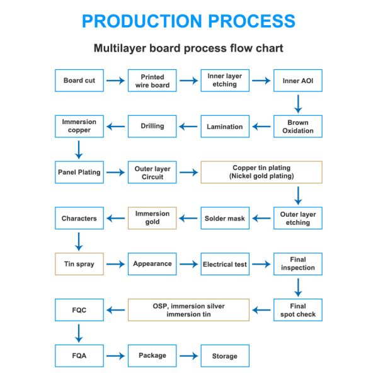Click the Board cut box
click(79, 81)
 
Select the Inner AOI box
click(297, 81)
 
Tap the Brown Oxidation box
click(297, 127)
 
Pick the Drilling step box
click(152, 127)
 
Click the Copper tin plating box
click(261, 172)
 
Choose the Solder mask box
click(224, 219)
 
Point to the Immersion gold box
click(152, 218)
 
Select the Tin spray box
click(79, 265)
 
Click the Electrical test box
click(224, 265)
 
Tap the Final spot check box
click(297, 310)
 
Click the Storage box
click(224, 356)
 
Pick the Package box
click(152, 356)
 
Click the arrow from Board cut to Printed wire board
click(115, 81)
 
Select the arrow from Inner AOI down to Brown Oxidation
click(298, 103)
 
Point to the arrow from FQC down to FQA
click(79, 333)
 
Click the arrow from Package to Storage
click(188, 356)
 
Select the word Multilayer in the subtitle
click(119, 48)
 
